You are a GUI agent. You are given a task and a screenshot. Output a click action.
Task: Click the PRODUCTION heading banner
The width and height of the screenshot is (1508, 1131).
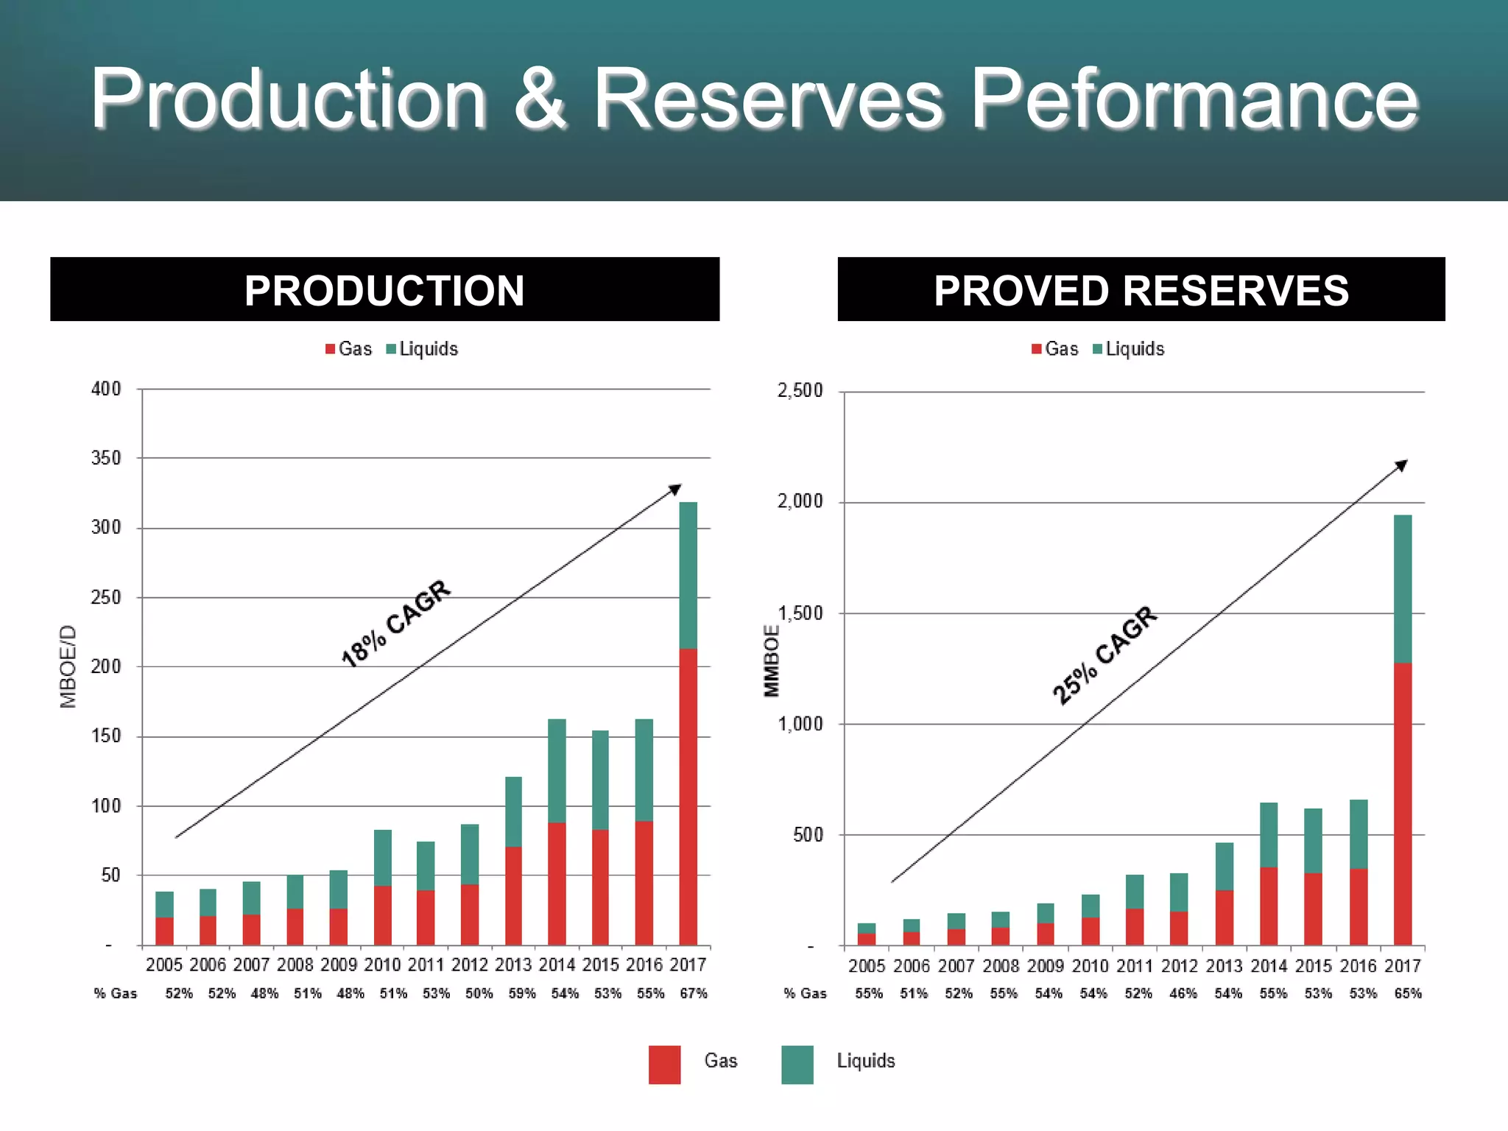tap(384, 290)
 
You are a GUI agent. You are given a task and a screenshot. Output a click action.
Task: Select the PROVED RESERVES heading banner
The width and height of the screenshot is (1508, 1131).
tap(1141, 290)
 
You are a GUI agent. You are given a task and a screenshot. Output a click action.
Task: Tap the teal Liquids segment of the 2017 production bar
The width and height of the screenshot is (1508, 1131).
tap(688, 575)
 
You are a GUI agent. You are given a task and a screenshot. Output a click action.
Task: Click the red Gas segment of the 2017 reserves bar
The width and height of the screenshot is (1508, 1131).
tap(1403, 803)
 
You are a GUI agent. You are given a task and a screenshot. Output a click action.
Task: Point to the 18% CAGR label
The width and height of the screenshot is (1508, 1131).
tap(396, 623)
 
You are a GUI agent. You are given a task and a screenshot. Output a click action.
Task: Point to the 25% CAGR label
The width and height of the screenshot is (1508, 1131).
tap(1104, 655)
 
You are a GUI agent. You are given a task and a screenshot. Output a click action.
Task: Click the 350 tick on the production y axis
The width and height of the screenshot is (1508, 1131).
tap(106, 458)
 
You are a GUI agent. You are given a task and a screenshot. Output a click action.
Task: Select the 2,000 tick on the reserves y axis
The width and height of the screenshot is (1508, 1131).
tap(800, 501)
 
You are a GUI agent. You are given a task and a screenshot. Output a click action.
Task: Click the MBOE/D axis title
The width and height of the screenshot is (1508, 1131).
tap(68, 666)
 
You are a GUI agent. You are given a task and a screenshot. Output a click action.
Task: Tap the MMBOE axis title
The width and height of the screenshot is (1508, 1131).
tap(771, 660)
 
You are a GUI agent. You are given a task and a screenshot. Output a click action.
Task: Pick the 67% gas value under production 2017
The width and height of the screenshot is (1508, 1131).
tap(694, 993)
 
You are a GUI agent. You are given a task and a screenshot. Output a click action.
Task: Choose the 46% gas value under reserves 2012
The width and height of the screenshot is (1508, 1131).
tap(1183, 993)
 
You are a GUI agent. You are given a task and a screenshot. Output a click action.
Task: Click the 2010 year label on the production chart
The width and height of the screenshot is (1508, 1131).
tap(382, 965)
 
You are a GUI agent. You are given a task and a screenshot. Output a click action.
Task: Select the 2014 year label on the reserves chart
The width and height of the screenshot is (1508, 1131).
tap(1269, 965)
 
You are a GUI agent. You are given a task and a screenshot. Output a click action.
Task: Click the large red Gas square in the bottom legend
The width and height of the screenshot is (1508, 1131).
tap(664, 1065)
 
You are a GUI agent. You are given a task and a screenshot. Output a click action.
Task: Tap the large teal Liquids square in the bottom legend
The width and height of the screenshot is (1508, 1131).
tap(797, 1065)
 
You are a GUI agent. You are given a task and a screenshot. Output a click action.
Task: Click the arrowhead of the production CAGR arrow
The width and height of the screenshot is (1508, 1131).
tap(676, 489)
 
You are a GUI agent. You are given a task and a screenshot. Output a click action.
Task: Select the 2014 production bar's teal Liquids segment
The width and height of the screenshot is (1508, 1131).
tap(557, 770)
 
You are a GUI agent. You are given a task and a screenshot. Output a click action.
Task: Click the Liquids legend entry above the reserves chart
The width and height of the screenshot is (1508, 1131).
tap(1129, 349)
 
